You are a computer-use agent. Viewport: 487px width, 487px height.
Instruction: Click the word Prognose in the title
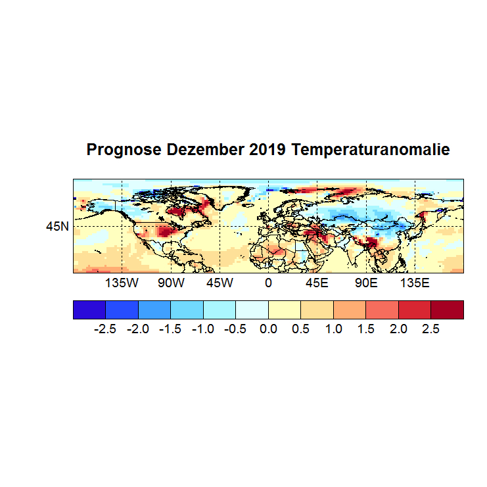124,151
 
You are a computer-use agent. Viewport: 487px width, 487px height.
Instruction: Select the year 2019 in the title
267,151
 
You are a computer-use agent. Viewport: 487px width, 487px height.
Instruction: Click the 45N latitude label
57,227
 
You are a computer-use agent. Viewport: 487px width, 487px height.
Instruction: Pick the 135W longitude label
122,283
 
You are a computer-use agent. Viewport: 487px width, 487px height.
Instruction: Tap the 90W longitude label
171,283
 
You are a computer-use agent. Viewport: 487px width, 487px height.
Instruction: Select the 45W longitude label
220,283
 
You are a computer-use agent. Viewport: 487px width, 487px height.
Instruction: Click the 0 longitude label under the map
268,283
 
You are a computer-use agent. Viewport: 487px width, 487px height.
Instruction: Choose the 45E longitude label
317,283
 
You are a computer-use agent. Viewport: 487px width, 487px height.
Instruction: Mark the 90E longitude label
366,283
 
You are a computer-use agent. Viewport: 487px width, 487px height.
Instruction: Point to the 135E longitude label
415,283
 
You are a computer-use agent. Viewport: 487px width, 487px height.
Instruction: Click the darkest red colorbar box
447,310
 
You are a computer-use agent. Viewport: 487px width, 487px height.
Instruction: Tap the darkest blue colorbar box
89,310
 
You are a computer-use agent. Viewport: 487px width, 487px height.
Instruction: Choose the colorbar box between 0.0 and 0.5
285,310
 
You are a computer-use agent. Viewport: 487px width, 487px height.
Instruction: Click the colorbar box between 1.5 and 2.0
383,310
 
